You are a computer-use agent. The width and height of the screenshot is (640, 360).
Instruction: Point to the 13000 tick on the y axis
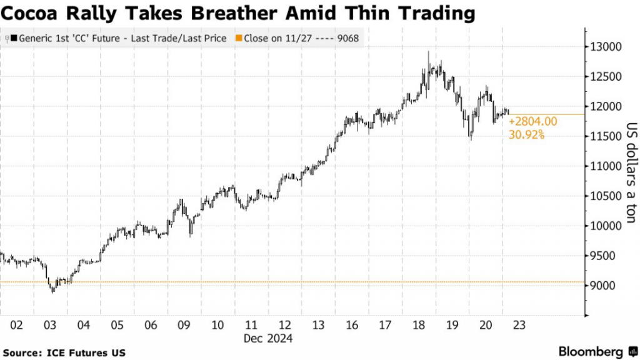tap(603, 47)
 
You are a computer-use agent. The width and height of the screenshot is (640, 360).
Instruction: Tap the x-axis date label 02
tap(16, 325)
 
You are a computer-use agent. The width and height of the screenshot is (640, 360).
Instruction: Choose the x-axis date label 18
tap(419, 325)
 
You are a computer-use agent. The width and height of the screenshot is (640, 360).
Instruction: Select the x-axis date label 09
tap(183, 325)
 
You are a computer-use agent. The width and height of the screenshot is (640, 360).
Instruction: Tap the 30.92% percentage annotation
tap(526, 134)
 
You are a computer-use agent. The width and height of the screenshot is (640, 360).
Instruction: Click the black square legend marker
tap(14, 39)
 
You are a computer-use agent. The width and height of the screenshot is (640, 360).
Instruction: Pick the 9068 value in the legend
tap(348, 39)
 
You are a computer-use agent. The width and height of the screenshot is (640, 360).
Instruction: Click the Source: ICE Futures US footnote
tap(64, 353)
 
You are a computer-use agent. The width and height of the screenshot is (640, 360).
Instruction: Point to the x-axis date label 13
tap(318, 325)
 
